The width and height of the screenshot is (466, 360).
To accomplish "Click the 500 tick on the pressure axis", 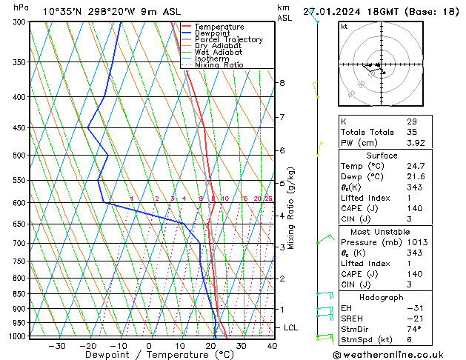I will [x=20, y=156].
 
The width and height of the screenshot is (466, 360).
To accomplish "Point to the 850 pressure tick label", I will [x=20, y=294].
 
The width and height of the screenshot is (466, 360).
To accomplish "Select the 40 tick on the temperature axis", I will [x=272, y=345].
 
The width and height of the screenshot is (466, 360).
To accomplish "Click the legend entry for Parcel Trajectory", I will [x=228, y=39].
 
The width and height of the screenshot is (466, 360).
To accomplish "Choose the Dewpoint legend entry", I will [x=213, y=33].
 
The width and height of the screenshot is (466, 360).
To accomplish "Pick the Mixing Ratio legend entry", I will [x=219, y=65].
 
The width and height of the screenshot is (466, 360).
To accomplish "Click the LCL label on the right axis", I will [x=291, y=327].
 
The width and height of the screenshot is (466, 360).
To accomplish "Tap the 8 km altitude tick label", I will [x=282, y=83].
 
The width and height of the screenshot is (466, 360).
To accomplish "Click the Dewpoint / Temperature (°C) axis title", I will [x=150, y=355].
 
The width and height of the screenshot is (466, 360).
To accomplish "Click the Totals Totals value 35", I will [x=412, y=132].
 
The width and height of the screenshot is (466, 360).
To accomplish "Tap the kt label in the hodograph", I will [x=344, y=27].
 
